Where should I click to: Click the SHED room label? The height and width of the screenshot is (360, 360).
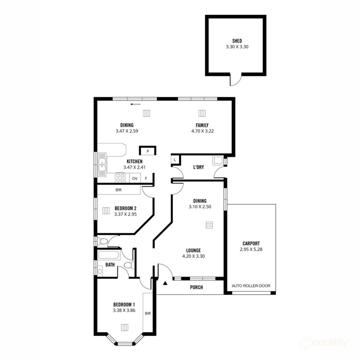pyautogui.click(x=237, y=41)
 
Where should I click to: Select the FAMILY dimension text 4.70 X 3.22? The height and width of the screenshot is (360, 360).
pyautogui.click(x=202, y=131)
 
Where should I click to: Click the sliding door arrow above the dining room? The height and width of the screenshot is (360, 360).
pyautogui.click(x=136, y=104)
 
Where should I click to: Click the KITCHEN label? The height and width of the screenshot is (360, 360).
pyautogui.click(x=134, y=162)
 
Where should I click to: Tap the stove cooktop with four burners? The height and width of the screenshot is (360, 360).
pyautogui.click(x=120, y=178)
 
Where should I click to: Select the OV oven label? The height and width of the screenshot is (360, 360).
pyautogui.click(x=135, y=178)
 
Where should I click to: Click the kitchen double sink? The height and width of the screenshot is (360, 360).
pyautogui.click(x=102, y=166)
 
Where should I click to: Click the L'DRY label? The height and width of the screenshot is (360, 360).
pyautogui.click(x=198, y=167)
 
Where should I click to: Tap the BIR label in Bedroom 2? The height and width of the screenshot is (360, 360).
pyautogui.click(x=118, y=190)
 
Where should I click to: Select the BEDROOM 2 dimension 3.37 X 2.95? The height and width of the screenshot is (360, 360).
pyautogui.click(x=125, y=214)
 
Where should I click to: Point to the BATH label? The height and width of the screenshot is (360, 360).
pyautogui.click(x=110, y=265)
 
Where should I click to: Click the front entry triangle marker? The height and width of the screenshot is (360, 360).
pyautogui.click(x=165, y=283)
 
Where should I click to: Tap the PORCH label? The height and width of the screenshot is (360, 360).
pyautogui.click(x=196, y=287)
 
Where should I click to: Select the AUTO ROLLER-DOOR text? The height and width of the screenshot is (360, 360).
pyautogui.click(x=251, y=286)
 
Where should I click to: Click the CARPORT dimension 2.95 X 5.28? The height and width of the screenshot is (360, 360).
pyautogui.click(x=251, y=249)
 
